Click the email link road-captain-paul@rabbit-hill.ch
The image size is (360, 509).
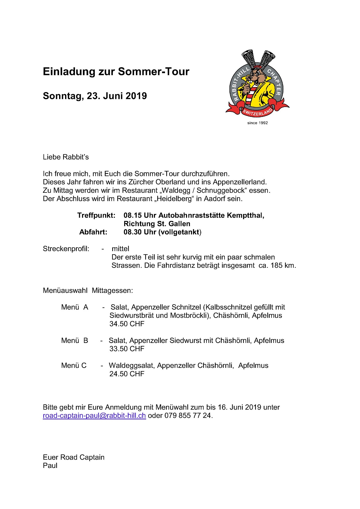94,416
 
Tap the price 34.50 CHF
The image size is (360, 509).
127,324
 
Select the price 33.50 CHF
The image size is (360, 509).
127,349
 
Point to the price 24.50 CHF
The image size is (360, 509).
127,374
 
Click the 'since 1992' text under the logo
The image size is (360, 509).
257,123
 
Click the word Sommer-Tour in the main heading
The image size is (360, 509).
154,72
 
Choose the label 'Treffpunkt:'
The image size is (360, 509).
96,215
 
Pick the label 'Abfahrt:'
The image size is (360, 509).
93,232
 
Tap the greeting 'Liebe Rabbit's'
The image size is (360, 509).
66,157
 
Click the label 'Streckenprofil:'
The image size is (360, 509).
66,249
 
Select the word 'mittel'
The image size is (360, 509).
120,249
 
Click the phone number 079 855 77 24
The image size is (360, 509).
187,416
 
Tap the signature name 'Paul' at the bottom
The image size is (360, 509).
50,466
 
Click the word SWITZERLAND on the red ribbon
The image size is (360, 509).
258,112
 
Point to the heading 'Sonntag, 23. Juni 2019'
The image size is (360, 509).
95,96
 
